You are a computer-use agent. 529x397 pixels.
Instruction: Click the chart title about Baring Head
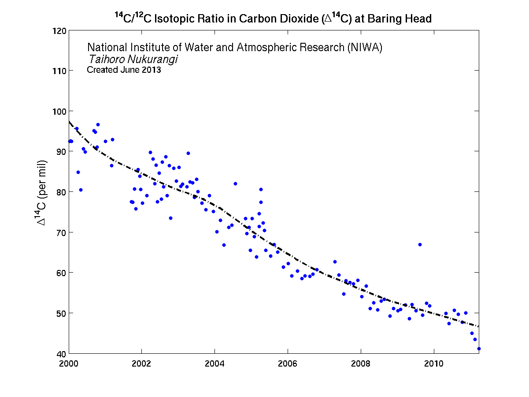273,19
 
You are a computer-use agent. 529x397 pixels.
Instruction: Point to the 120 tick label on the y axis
61,31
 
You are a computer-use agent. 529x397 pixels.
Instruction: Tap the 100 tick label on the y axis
61,111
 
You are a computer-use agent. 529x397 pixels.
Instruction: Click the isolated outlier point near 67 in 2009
420,244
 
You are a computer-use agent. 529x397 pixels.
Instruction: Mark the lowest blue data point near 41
479,348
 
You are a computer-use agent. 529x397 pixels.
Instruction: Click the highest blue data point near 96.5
98,124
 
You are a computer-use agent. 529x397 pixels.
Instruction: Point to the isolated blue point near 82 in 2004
235,184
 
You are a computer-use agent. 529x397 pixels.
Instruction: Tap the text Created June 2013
124,70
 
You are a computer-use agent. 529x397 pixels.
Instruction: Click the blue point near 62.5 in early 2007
335,262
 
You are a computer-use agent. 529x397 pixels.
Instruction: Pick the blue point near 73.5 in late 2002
170,218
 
